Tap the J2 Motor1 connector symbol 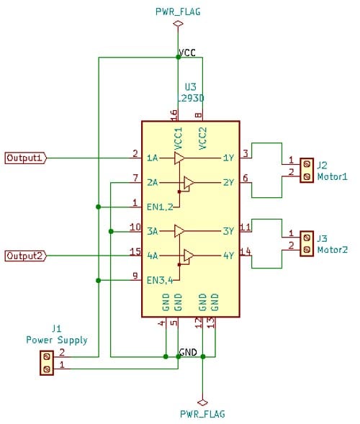coord(306,170)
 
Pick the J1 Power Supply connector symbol coord(47,362)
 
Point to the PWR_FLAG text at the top coord(178,12)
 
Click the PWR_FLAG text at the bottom coord(202,414)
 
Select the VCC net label coord(186,53)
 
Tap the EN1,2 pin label coord(161,207)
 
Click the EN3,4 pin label coord(161,280)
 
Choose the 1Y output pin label coord(228,158)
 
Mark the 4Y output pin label coord(228,256)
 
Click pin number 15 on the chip coord(134,251)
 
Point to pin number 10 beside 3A coord(134,227)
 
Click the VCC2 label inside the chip coord(203,137)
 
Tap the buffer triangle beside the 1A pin coord(179,158)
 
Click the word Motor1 coord(332,176)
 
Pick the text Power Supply coord(57,340)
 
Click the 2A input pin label coord(153,183)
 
